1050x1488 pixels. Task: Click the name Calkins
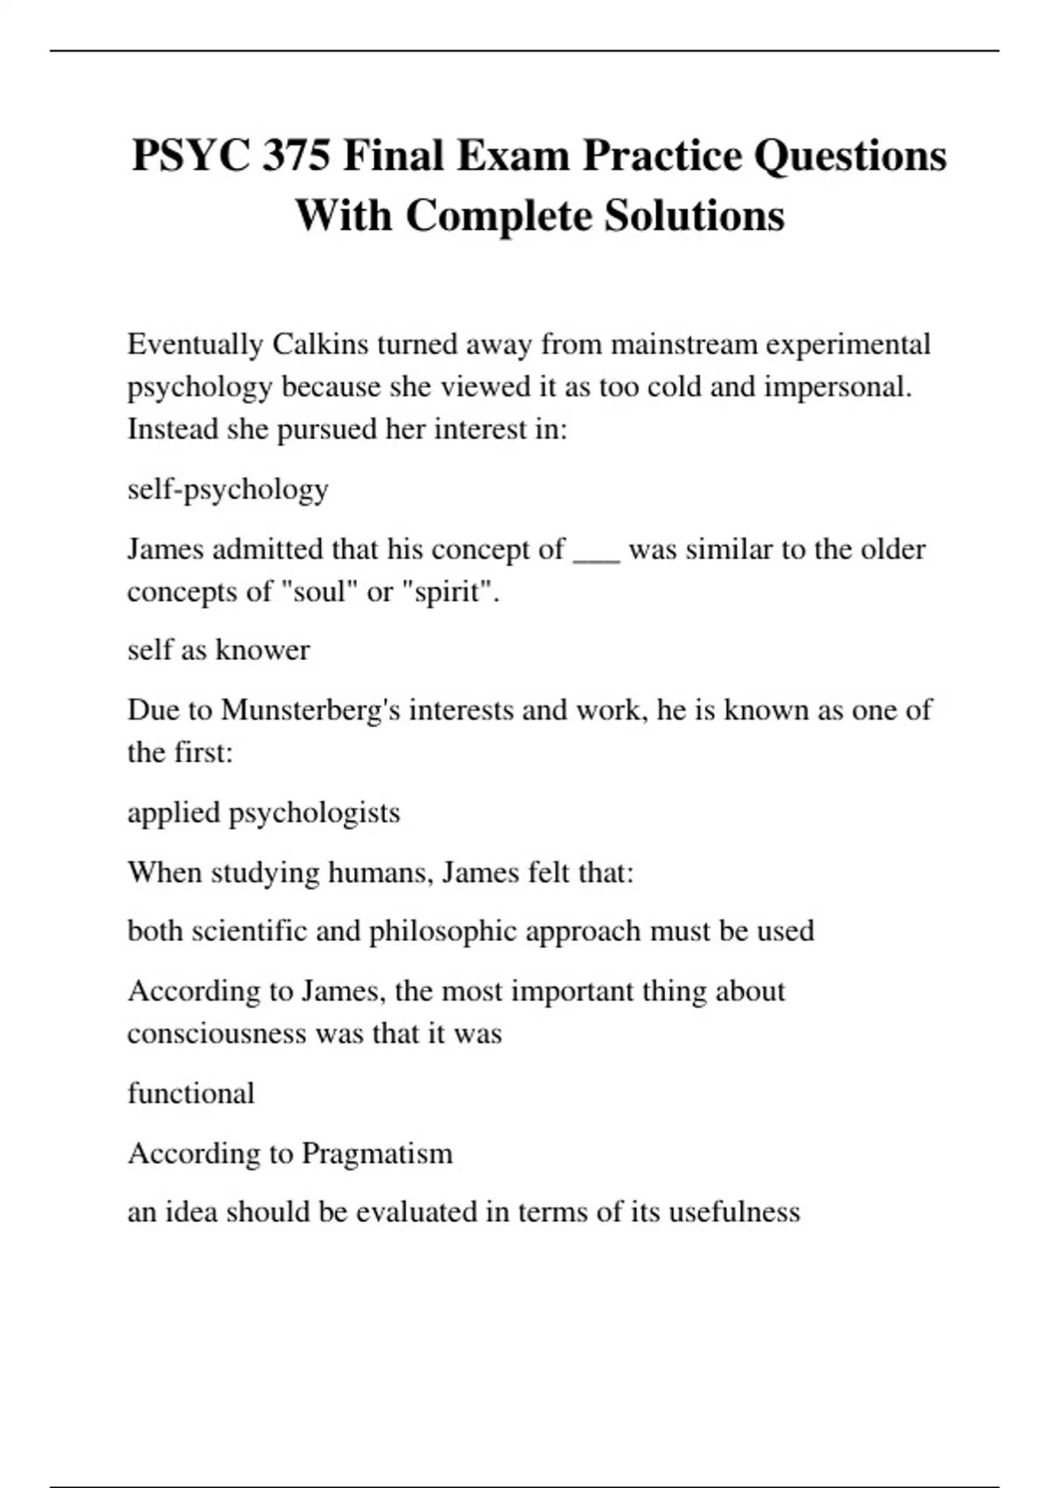(320, 344)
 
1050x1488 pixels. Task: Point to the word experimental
(848, 344)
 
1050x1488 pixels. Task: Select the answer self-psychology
(227, 489)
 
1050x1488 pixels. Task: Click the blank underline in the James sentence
(596, 552)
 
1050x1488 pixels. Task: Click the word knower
(262, 649)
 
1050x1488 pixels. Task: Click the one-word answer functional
(191, 1093)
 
